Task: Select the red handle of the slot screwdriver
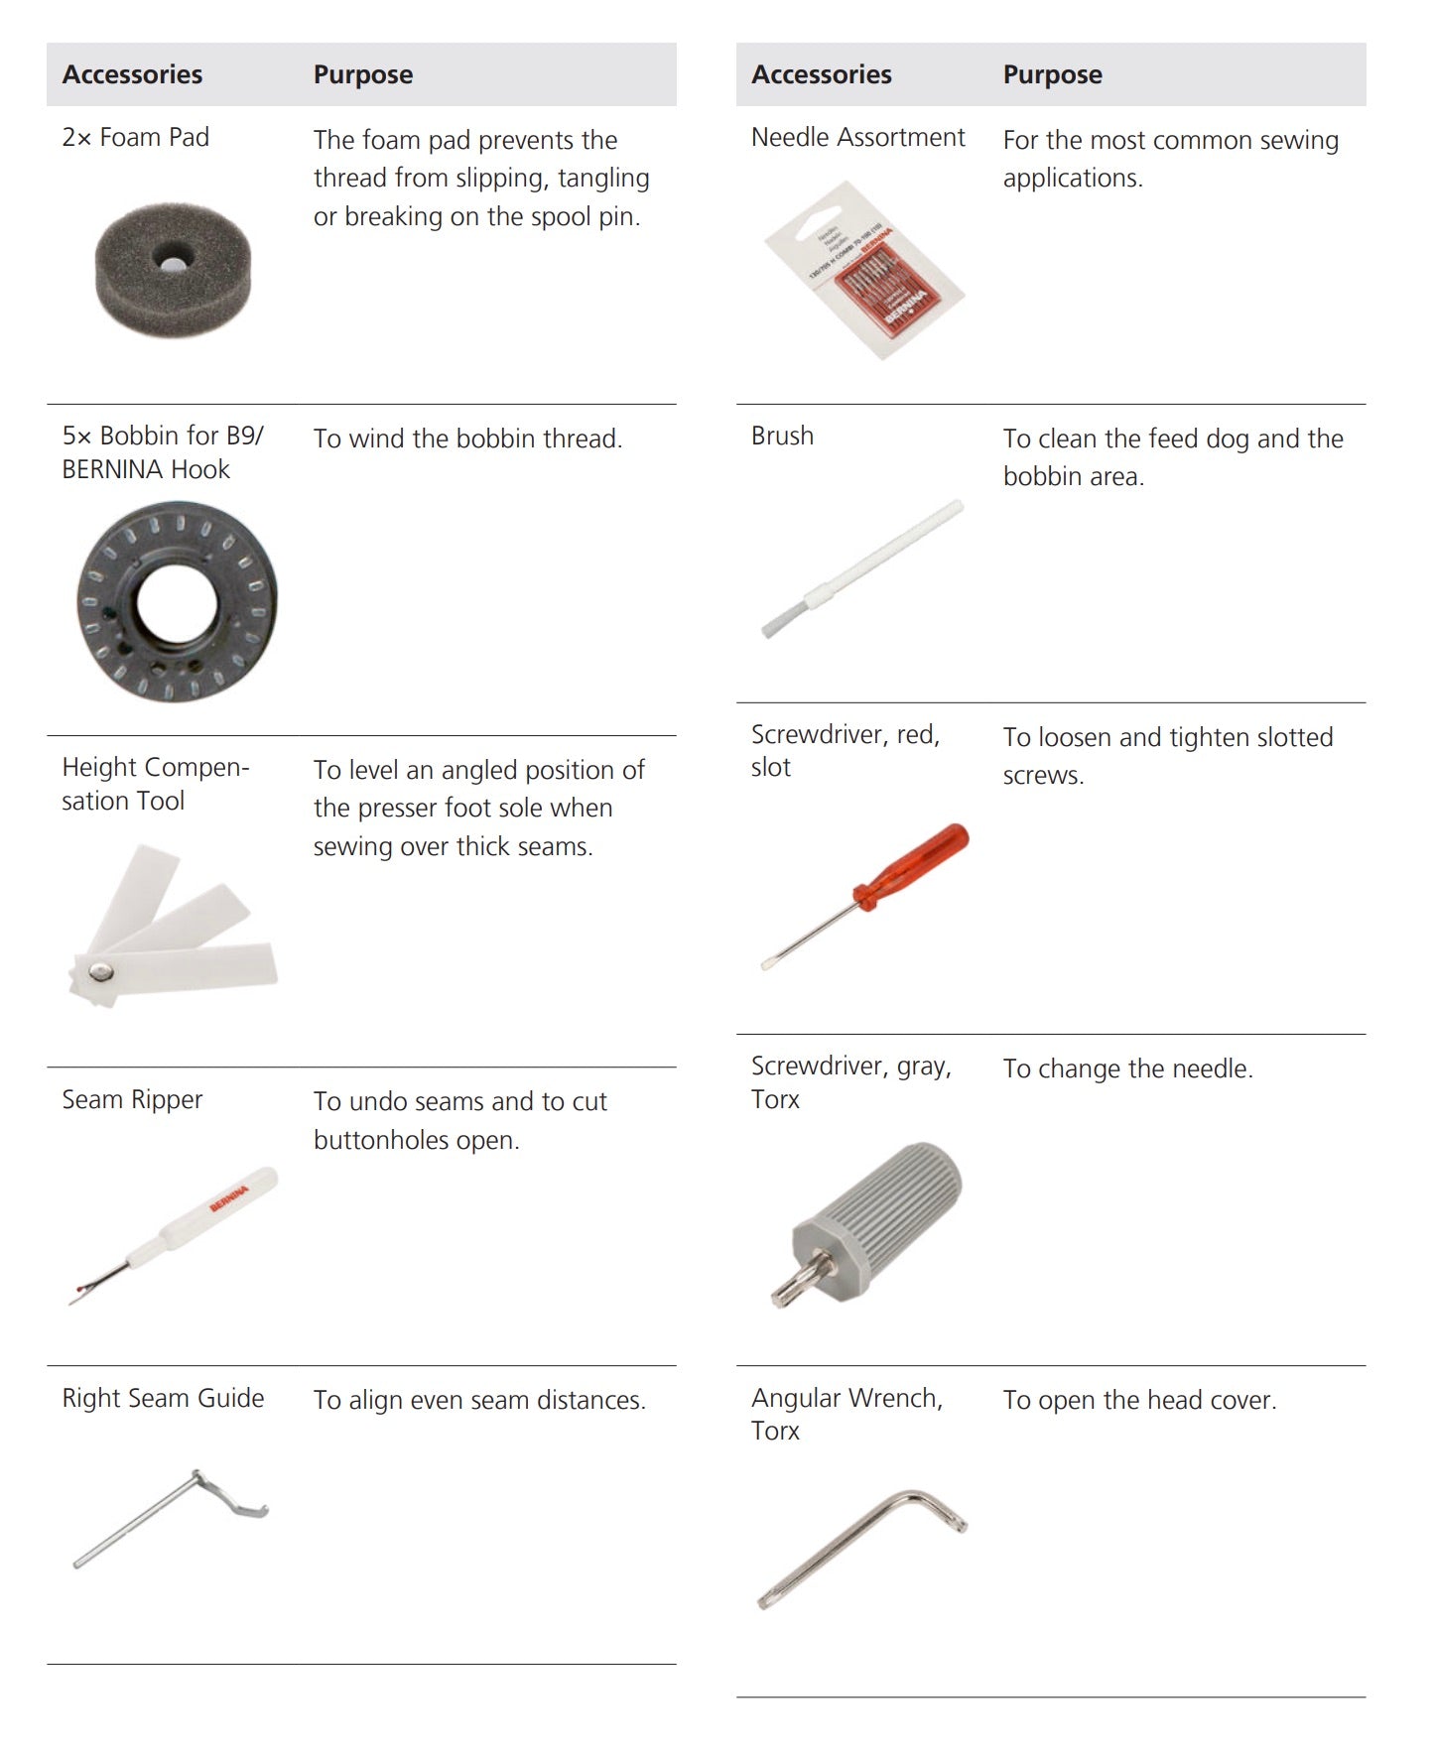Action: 912,865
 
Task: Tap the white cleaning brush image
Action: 861,569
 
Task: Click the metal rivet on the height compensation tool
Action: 100,972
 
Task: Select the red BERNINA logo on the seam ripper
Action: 229,1191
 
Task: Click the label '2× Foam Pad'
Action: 136,137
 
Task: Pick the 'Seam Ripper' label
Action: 132,1100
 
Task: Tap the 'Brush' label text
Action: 782,437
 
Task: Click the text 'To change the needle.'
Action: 1127,1068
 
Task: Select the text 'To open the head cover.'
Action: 1139,1400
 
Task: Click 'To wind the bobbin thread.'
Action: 467,439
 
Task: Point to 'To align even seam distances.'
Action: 479,1400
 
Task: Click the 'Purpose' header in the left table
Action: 363,75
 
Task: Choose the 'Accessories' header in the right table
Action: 822,74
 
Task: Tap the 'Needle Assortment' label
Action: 857,137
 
